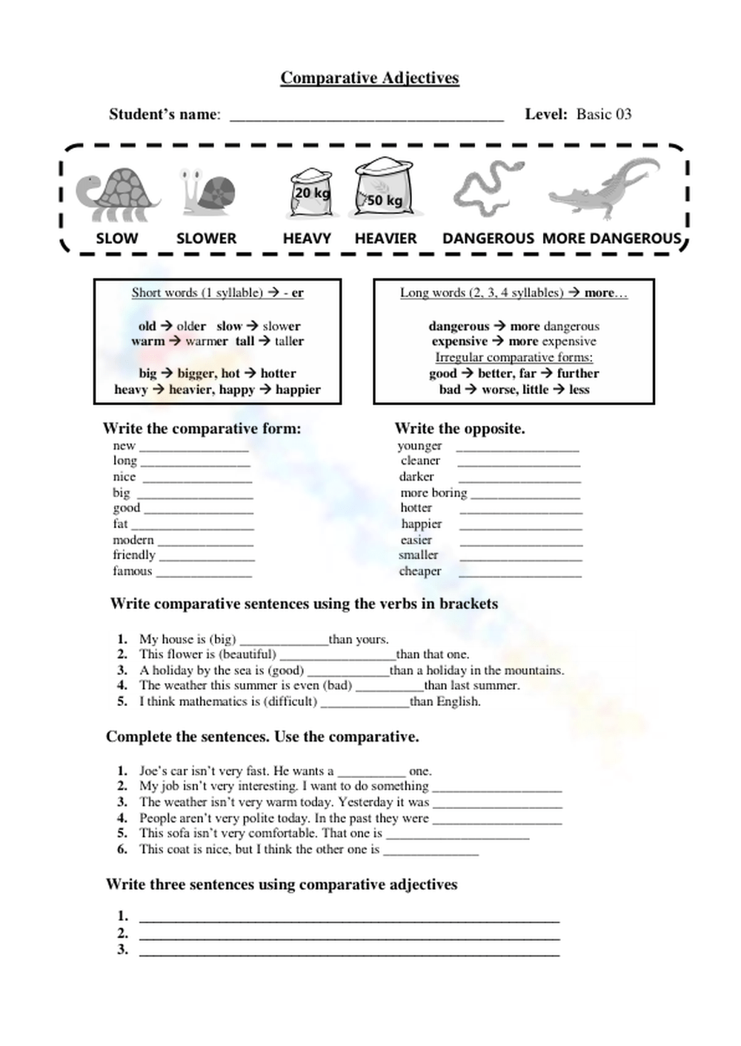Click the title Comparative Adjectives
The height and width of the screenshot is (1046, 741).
point(370,78)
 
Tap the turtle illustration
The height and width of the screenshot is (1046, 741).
point(119,194)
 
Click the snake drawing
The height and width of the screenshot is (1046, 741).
point(486,189)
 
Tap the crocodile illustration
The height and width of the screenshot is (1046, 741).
point(604,190)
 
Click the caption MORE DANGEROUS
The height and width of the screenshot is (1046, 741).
point(611,239)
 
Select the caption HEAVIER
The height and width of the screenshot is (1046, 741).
point(385,239)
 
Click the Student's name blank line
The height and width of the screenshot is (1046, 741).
point(367,117)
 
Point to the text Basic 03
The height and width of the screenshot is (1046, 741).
point(604,114)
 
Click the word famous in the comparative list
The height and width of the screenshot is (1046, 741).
point(132,571)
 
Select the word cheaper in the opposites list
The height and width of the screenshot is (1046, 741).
point(420,571)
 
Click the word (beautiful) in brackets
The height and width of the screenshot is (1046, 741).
point(247,654)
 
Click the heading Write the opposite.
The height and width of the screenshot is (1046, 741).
point(459,428)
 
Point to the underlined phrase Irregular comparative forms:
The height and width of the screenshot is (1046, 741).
point(514,357)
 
